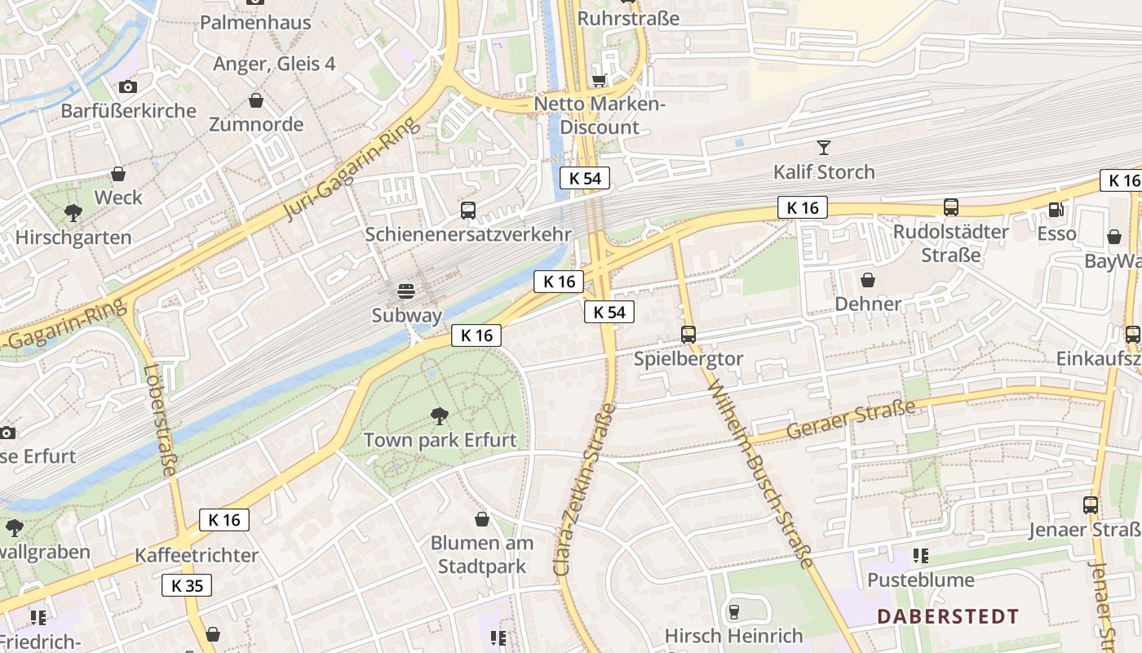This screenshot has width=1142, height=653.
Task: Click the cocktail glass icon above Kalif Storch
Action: [x=824, y=148]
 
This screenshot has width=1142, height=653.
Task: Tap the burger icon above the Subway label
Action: [x=406, y=291]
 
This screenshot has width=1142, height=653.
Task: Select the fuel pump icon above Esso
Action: [x=1056, y=210]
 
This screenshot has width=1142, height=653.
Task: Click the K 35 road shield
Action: [x=187, y=584]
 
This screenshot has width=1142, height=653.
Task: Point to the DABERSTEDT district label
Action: [x=948, y=616]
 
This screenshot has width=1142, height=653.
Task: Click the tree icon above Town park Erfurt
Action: [x=440, y=416]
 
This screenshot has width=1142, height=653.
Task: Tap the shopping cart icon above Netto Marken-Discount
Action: [x=600, y=80]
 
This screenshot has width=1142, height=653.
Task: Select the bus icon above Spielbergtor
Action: [x=688, y=335]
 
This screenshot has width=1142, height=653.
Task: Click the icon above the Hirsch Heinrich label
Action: [x=733, y=611]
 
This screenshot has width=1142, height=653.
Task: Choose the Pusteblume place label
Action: [x=921, y=580]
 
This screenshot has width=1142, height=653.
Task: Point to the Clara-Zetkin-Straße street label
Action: [x=585, y=490]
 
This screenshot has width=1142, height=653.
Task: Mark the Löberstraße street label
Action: [x=160, y=419]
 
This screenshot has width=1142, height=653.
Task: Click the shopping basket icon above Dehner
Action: [x=868, y=280]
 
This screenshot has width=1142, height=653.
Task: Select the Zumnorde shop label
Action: [x=256, y=125]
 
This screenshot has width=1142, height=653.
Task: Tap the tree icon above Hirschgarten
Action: [x=73, y=214]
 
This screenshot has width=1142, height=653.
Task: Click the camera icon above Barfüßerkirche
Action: [x=128, y=87]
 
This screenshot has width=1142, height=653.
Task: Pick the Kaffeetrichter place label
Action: [x=197, y=555]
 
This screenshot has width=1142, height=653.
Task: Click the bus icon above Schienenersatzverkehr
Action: [x=468, y=211]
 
